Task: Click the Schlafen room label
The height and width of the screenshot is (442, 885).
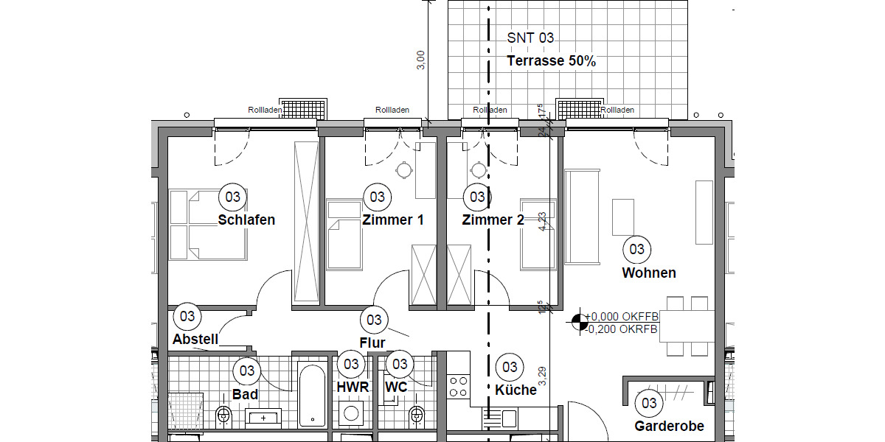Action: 246,220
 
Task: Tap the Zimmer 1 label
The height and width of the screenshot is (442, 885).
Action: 392,220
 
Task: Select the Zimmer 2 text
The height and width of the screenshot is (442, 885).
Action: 493,220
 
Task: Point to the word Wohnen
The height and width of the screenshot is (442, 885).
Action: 649,273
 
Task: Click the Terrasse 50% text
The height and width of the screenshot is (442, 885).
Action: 551,61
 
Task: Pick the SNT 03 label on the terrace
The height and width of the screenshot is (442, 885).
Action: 530,38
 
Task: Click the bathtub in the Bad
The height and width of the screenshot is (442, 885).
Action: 311,395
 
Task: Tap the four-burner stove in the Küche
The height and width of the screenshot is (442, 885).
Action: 458,387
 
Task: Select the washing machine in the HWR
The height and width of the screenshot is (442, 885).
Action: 353,413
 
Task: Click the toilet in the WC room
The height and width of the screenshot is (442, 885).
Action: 417,416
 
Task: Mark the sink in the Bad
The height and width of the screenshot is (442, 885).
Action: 263,418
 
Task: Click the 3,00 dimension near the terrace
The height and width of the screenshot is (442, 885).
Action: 420,60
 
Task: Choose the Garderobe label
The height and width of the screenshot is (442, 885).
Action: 669,426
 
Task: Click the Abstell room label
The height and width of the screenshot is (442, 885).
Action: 195,340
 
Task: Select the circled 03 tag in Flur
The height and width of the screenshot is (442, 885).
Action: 374,320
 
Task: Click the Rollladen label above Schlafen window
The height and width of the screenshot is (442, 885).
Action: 265,110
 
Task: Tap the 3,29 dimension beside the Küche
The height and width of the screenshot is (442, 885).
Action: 543,378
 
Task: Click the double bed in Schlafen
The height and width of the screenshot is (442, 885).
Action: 207,225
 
